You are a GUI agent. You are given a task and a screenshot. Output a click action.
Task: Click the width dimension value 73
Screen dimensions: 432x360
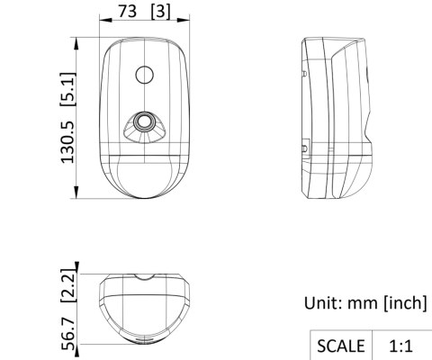point(128,11)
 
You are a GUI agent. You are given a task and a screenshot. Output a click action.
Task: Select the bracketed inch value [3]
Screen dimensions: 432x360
point(161,12)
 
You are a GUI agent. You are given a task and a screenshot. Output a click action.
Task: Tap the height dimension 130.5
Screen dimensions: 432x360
point(67,142)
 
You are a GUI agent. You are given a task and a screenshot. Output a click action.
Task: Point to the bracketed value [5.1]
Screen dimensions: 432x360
point(67,89)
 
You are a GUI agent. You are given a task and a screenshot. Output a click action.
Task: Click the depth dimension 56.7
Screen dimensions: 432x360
point(68,334)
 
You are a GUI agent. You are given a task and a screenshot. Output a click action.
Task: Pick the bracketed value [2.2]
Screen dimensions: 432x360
point(67,285)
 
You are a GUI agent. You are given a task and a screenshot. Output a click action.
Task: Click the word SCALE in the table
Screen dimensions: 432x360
point(341,346)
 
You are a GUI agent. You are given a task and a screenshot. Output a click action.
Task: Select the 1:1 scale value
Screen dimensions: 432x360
point(400,346)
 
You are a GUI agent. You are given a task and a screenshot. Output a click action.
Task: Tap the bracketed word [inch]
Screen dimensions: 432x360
point(405,303)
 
